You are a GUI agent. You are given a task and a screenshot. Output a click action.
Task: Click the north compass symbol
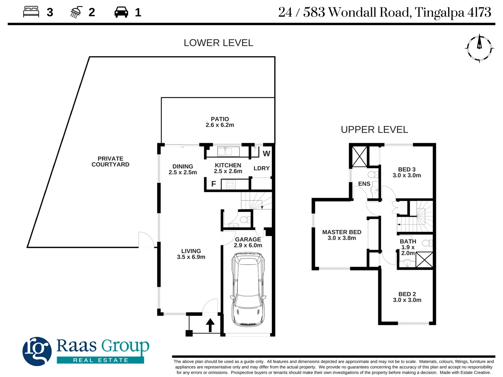click(479, 48)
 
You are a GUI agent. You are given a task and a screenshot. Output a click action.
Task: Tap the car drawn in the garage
click(248, 290)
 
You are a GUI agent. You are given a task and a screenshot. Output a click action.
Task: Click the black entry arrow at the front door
click(210, 325)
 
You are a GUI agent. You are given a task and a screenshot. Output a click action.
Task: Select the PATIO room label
click(220, 119)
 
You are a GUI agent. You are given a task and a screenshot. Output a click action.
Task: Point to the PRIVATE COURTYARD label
click(110, 162)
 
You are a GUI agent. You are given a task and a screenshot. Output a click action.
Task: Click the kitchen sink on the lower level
click(225, 151)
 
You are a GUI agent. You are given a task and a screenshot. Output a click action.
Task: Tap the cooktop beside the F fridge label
click(231, 184)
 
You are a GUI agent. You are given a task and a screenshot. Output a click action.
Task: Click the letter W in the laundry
click(267, 154)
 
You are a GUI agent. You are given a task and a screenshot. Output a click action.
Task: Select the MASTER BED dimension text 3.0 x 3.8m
click(342, 238)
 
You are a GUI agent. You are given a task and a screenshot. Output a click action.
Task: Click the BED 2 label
click(407, 294)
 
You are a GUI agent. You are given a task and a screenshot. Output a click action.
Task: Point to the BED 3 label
click(407, 169)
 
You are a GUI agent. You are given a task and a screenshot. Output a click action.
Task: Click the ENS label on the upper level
click(364, 184)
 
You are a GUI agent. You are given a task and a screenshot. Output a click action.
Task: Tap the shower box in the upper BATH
click(424, 260)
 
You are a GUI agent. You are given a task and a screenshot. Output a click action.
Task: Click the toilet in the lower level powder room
click(245, 220)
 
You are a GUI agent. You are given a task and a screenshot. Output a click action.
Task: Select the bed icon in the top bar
click(31, 12)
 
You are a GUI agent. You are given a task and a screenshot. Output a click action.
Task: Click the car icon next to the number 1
click(121, 13)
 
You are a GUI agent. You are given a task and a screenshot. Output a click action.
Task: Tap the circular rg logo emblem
click(37, 351)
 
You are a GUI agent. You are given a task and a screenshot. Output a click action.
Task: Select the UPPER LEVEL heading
click(374, 130)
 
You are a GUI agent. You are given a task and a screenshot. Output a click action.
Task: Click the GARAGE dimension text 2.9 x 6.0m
click(248, 245)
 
